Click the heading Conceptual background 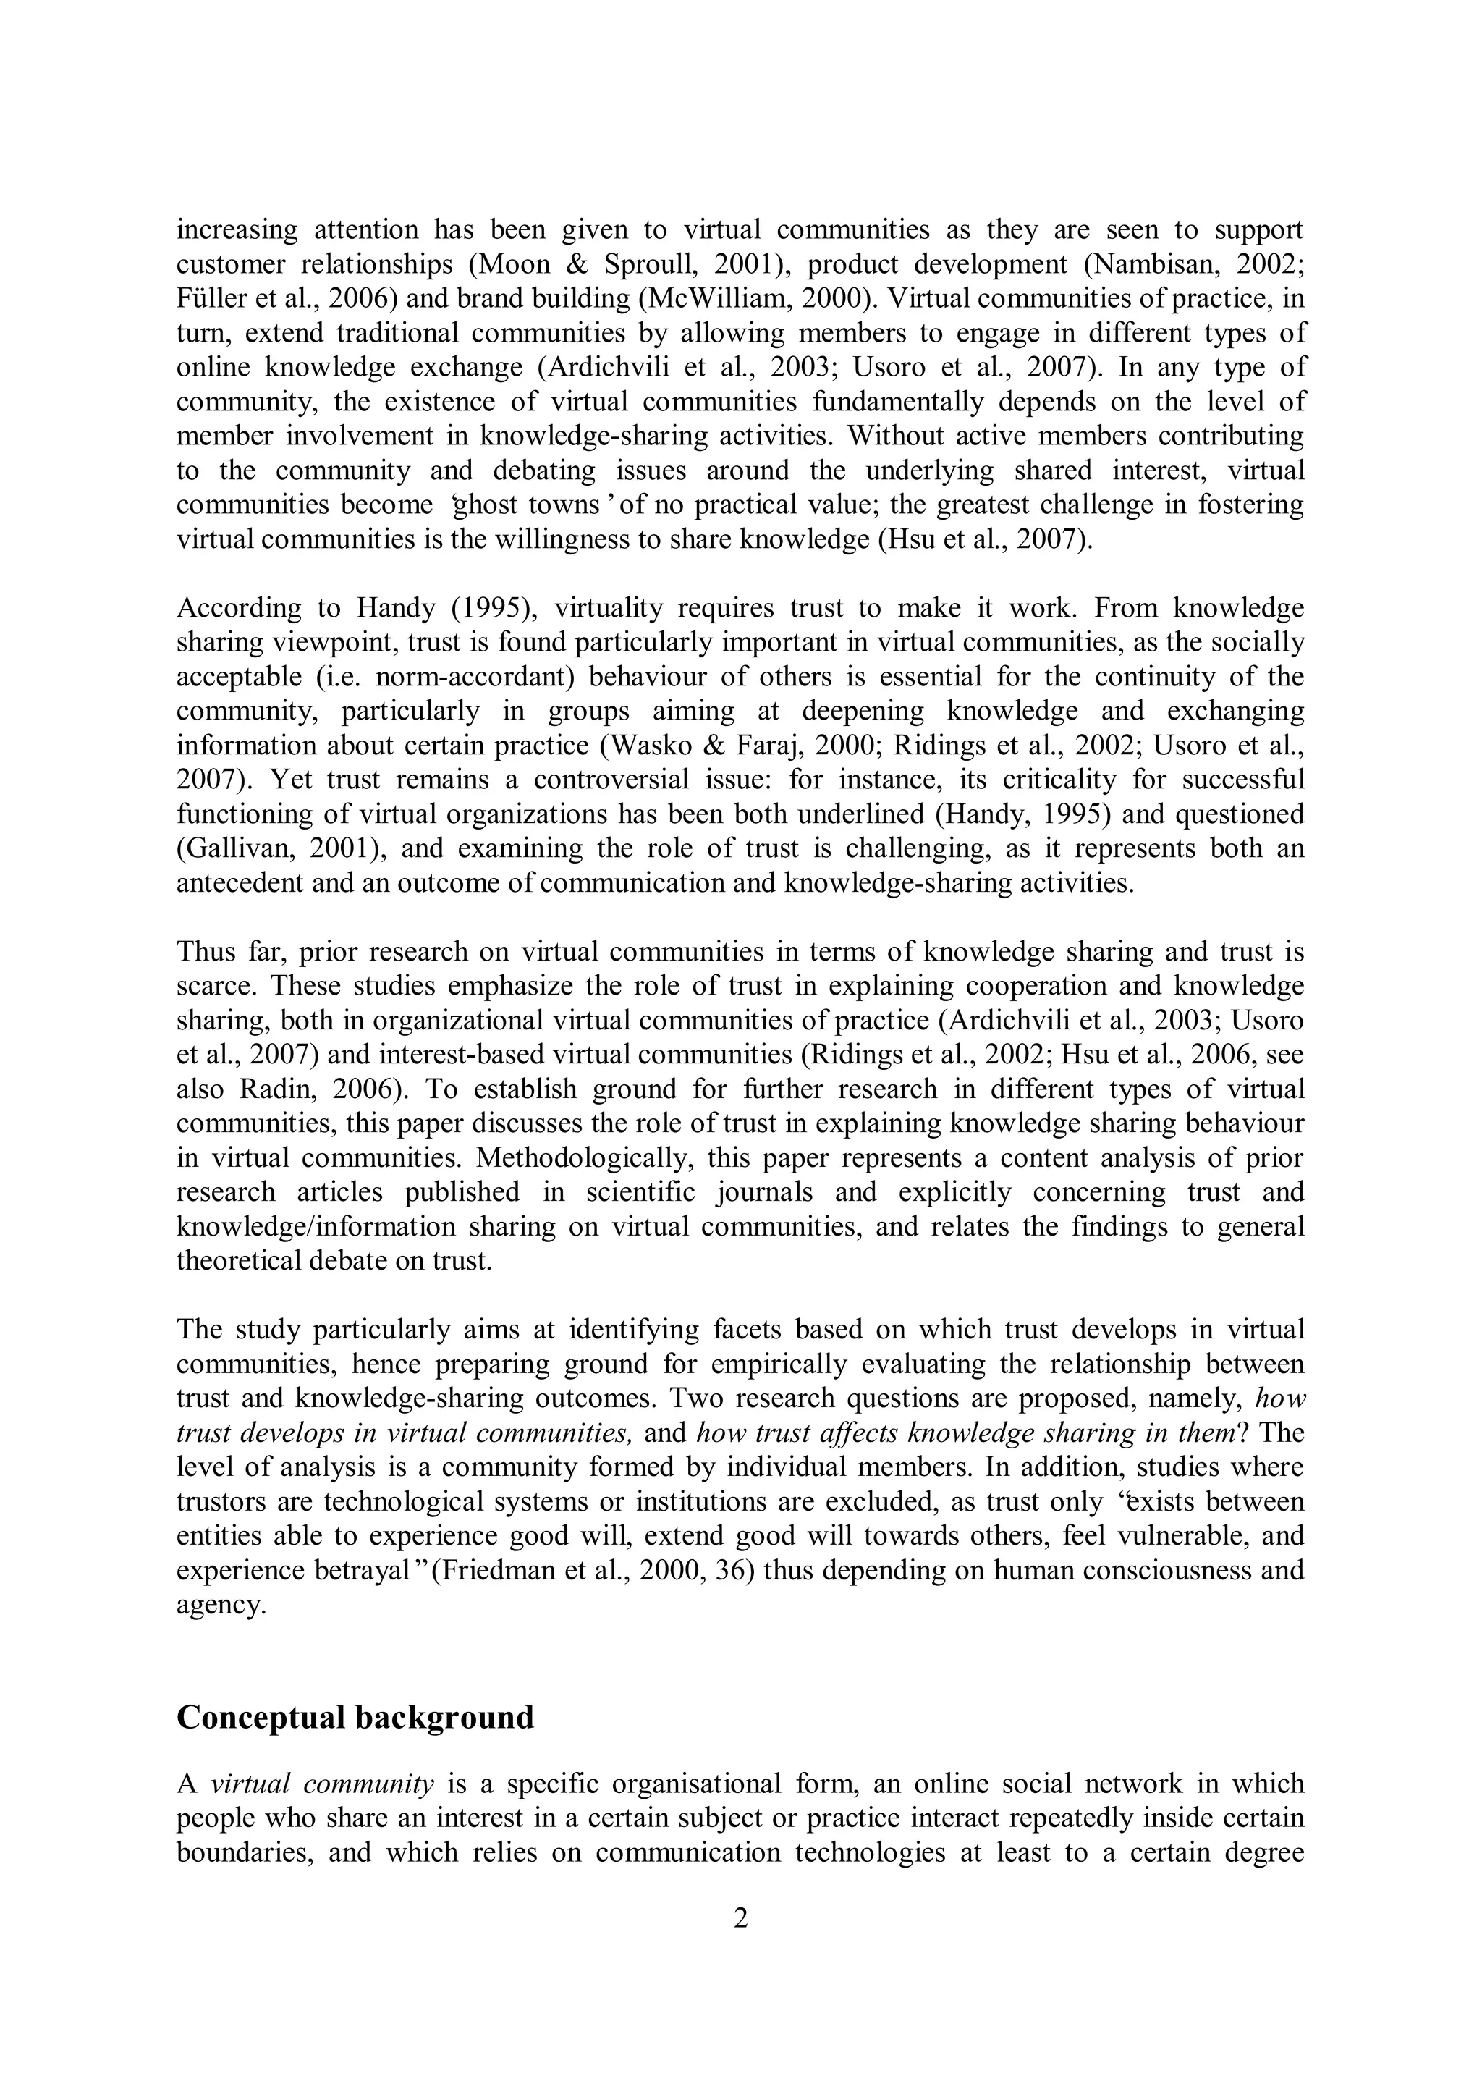(x=355, y=1718)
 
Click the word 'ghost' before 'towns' (x=484, y=505)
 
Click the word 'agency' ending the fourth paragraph (x=220, y=1605)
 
